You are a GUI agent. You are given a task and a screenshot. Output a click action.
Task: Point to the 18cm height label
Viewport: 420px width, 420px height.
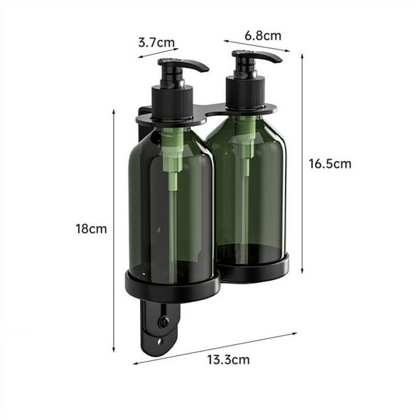(90, 228)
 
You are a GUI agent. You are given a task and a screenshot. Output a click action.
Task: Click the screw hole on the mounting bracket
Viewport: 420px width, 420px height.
(163, 321)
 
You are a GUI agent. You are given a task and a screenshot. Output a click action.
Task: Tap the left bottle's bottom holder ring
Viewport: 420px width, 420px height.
(172, 286)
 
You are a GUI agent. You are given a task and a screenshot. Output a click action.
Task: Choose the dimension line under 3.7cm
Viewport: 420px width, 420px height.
(157, 53)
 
